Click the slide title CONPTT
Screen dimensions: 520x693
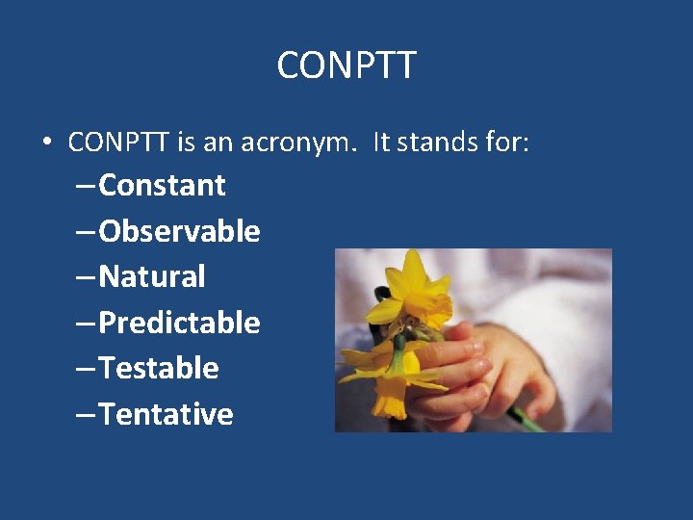346,65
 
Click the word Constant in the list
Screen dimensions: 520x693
162,185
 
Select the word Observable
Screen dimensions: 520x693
179,231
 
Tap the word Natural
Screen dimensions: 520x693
152,277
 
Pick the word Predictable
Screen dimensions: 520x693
179,323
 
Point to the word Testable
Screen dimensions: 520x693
159,368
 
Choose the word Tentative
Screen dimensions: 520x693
166,414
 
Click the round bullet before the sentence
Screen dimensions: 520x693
46,143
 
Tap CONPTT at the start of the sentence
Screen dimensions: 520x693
119,143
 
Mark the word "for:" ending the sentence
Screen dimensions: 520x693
509,143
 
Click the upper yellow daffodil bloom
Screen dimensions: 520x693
417,289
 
